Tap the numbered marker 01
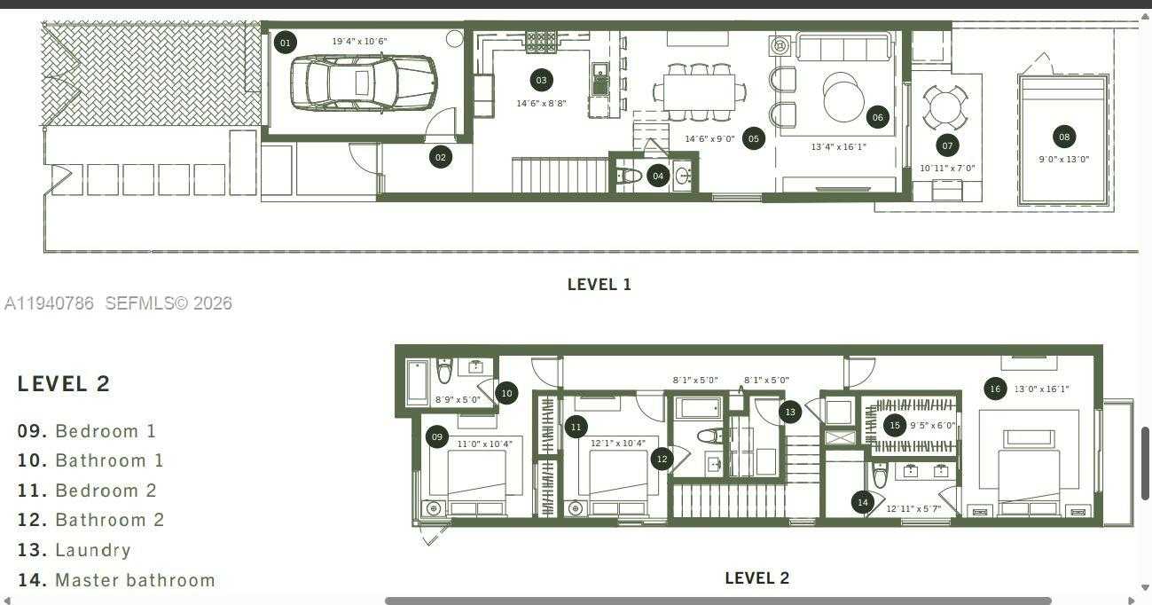tap(285, 43)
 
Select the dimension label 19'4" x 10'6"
tap(359, 42)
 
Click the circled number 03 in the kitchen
tap(541, 81)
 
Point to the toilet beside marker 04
tap(630, 176)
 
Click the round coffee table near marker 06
tap(843, 97)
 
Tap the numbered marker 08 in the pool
tap(1064, 137)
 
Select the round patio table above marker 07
tap(945, 107)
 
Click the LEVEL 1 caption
tap(599, 285)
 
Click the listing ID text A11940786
tap(50, 303)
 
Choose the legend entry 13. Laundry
tap(74, 550)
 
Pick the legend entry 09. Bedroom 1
tap(87, 431)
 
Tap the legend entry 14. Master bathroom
tap(116, 580)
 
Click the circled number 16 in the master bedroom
tap(995, 389)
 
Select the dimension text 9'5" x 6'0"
tap(932, 426)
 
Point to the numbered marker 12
tap(662, 459)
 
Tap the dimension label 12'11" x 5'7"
tap(913, 509)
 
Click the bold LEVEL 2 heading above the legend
tap(64, 384)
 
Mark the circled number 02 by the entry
tap(440, 157)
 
